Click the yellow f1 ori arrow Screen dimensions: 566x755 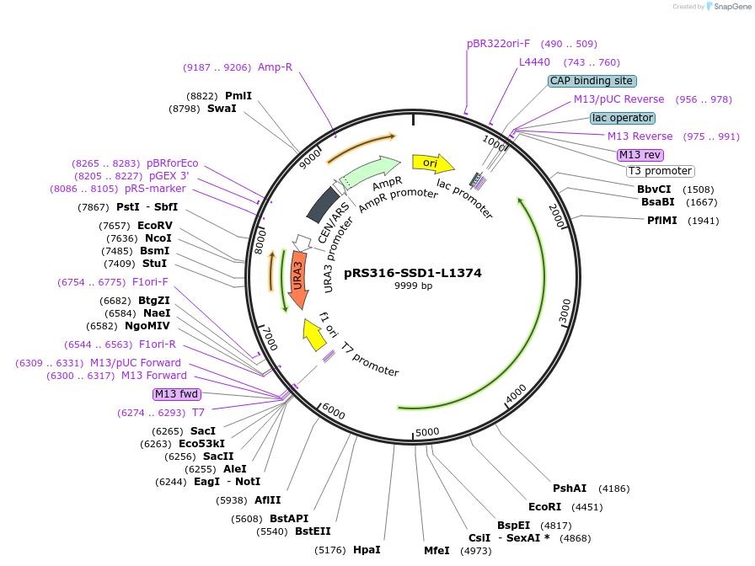click(315, 335)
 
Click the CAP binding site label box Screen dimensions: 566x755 click(592, 81)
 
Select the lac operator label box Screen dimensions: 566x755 click(622, 118)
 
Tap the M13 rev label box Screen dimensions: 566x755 click(640, 155)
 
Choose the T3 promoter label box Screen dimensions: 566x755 click(660, 171)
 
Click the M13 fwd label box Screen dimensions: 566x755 click(176, 394)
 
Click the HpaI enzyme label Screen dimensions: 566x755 click(367, 550)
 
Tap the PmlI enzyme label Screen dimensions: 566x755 click(238, 96)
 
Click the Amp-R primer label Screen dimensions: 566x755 click(275, 67)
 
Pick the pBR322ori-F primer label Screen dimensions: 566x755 click(499, 43)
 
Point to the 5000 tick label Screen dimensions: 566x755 click(428, 432)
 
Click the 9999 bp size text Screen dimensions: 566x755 click(413, 286)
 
